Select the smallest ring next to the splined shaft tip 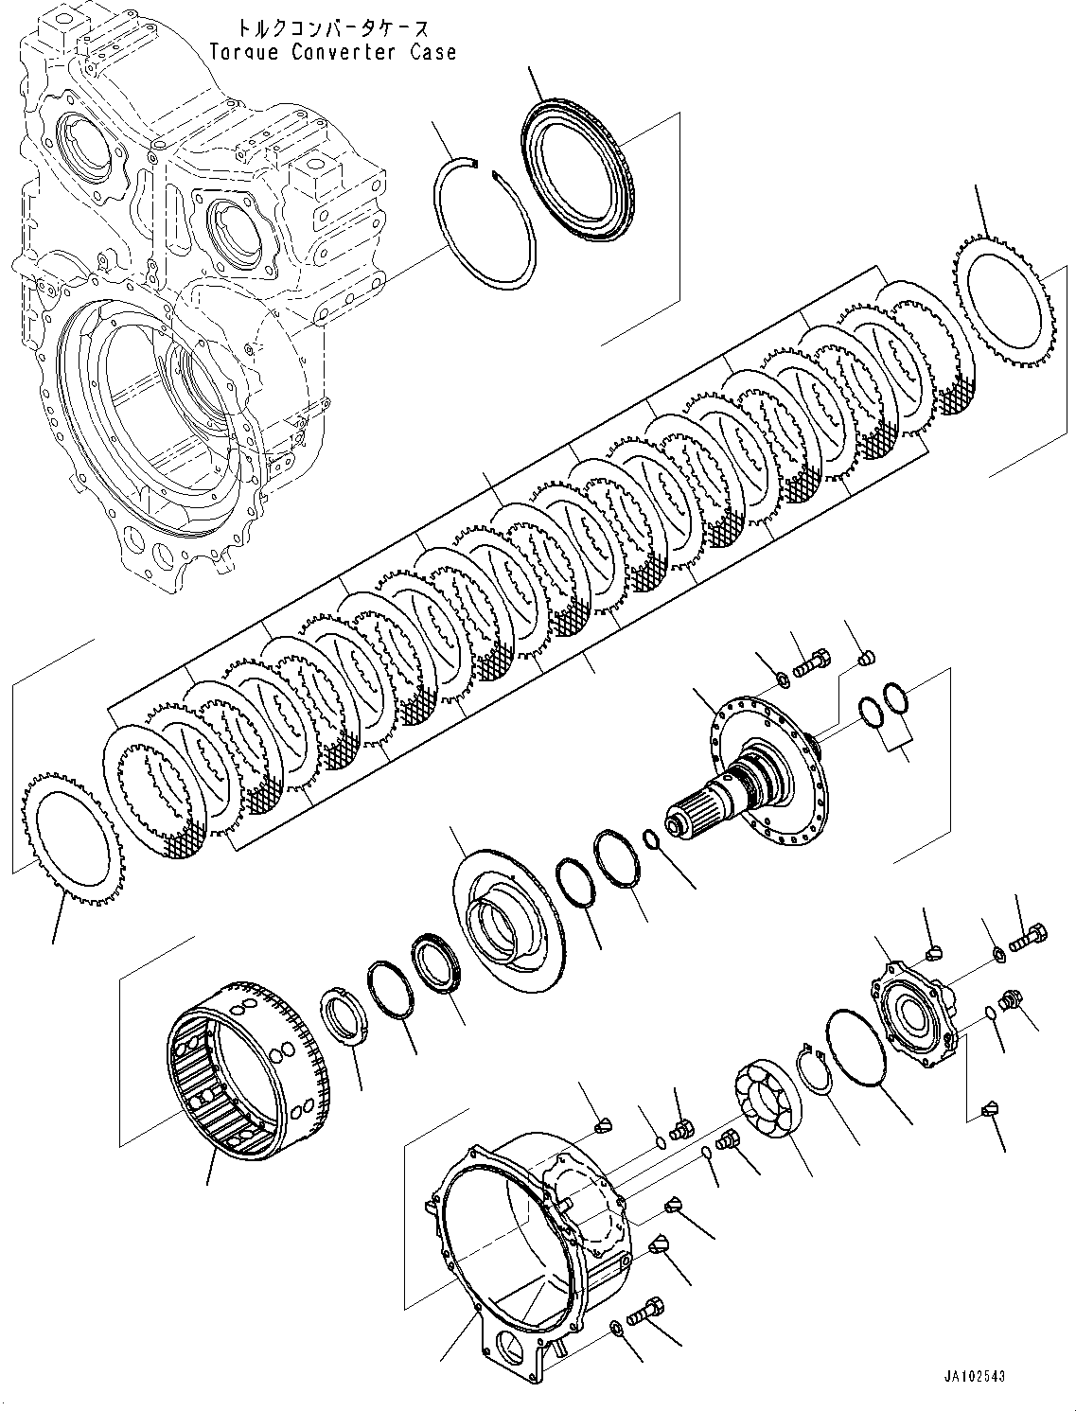point(650,838)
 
